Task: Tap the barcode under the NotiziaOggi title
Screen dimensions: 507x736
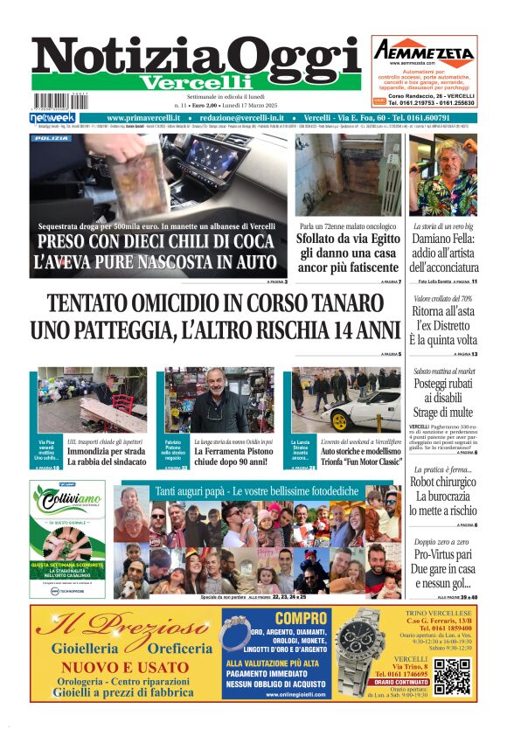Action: [63, 101]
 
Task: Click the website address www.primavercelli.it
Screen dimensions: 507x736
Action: [143, 118]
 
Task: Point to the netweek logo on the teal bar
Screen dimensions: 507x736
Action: [52, 118]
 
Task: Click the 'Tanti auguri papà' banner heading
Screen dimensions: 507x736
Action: [256, 491]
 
